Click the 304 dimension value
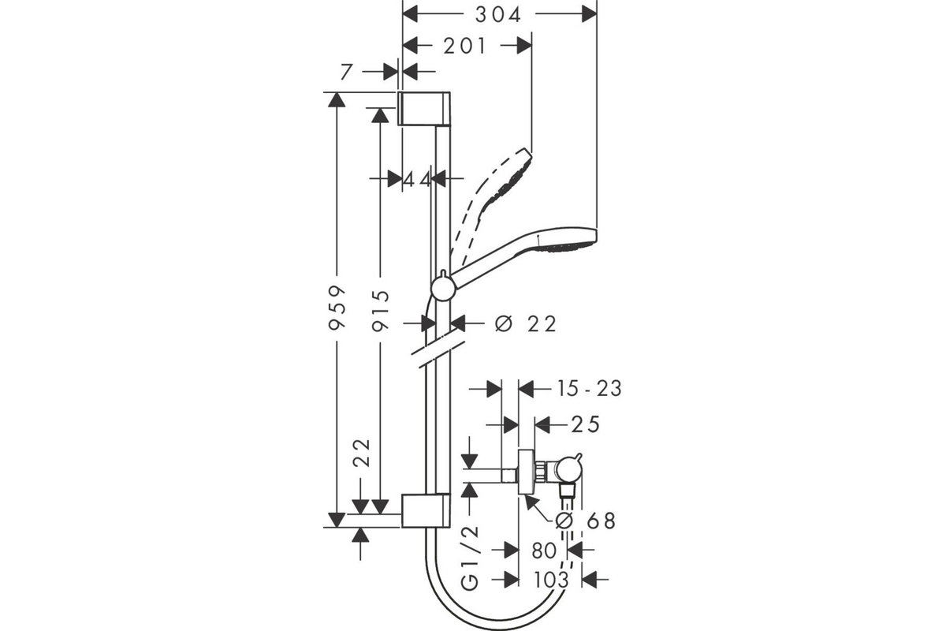[498, 15]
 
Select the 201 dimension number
[464, 46]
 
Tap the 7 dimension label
[346, 73]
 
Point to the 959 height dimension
[337, 308]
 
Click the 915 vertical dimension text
[381, 311]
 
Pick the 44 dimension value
[417, 180]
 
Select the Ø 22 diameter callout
[526, 324]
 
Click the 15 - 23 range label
[590, 389]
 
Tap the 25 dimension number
[585, 424]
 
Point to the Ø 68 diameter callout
[585, 521]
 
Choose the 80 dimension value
[544, 551]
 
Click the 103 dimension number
[552, 580]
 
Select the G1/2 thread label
[469, 558]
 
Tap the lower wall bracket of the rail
[426, 510]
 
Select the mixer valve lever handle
[578, 459]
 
